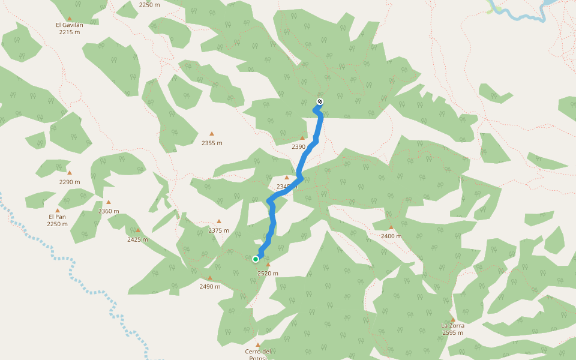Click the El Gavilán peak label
point(70,25)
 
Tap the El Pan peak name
point(57,217)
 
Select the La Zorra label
point(452,325)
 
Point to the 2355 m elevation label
point(212,143)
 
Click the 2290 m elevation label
point(70,182)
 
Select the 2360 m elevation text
point(109,211)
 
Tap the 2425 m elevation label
point(137,239)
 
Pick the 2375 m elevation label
point(218,230)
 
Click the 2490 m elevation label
point(210,286)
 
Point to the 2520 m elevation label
point(268,273)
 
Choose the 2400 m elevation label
point(391,236)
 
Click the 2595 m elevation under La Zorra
point(452,332)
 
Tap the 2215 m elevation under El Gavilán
point(70,32)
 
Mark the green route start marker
point(256,259)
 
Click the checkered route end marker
point(320,101)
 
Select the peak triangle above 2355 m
point(212,134)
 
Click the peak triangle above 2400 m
point(391,227)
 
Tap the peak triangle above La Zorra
point(452,319)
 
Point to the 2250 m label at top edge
point(149,4)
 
